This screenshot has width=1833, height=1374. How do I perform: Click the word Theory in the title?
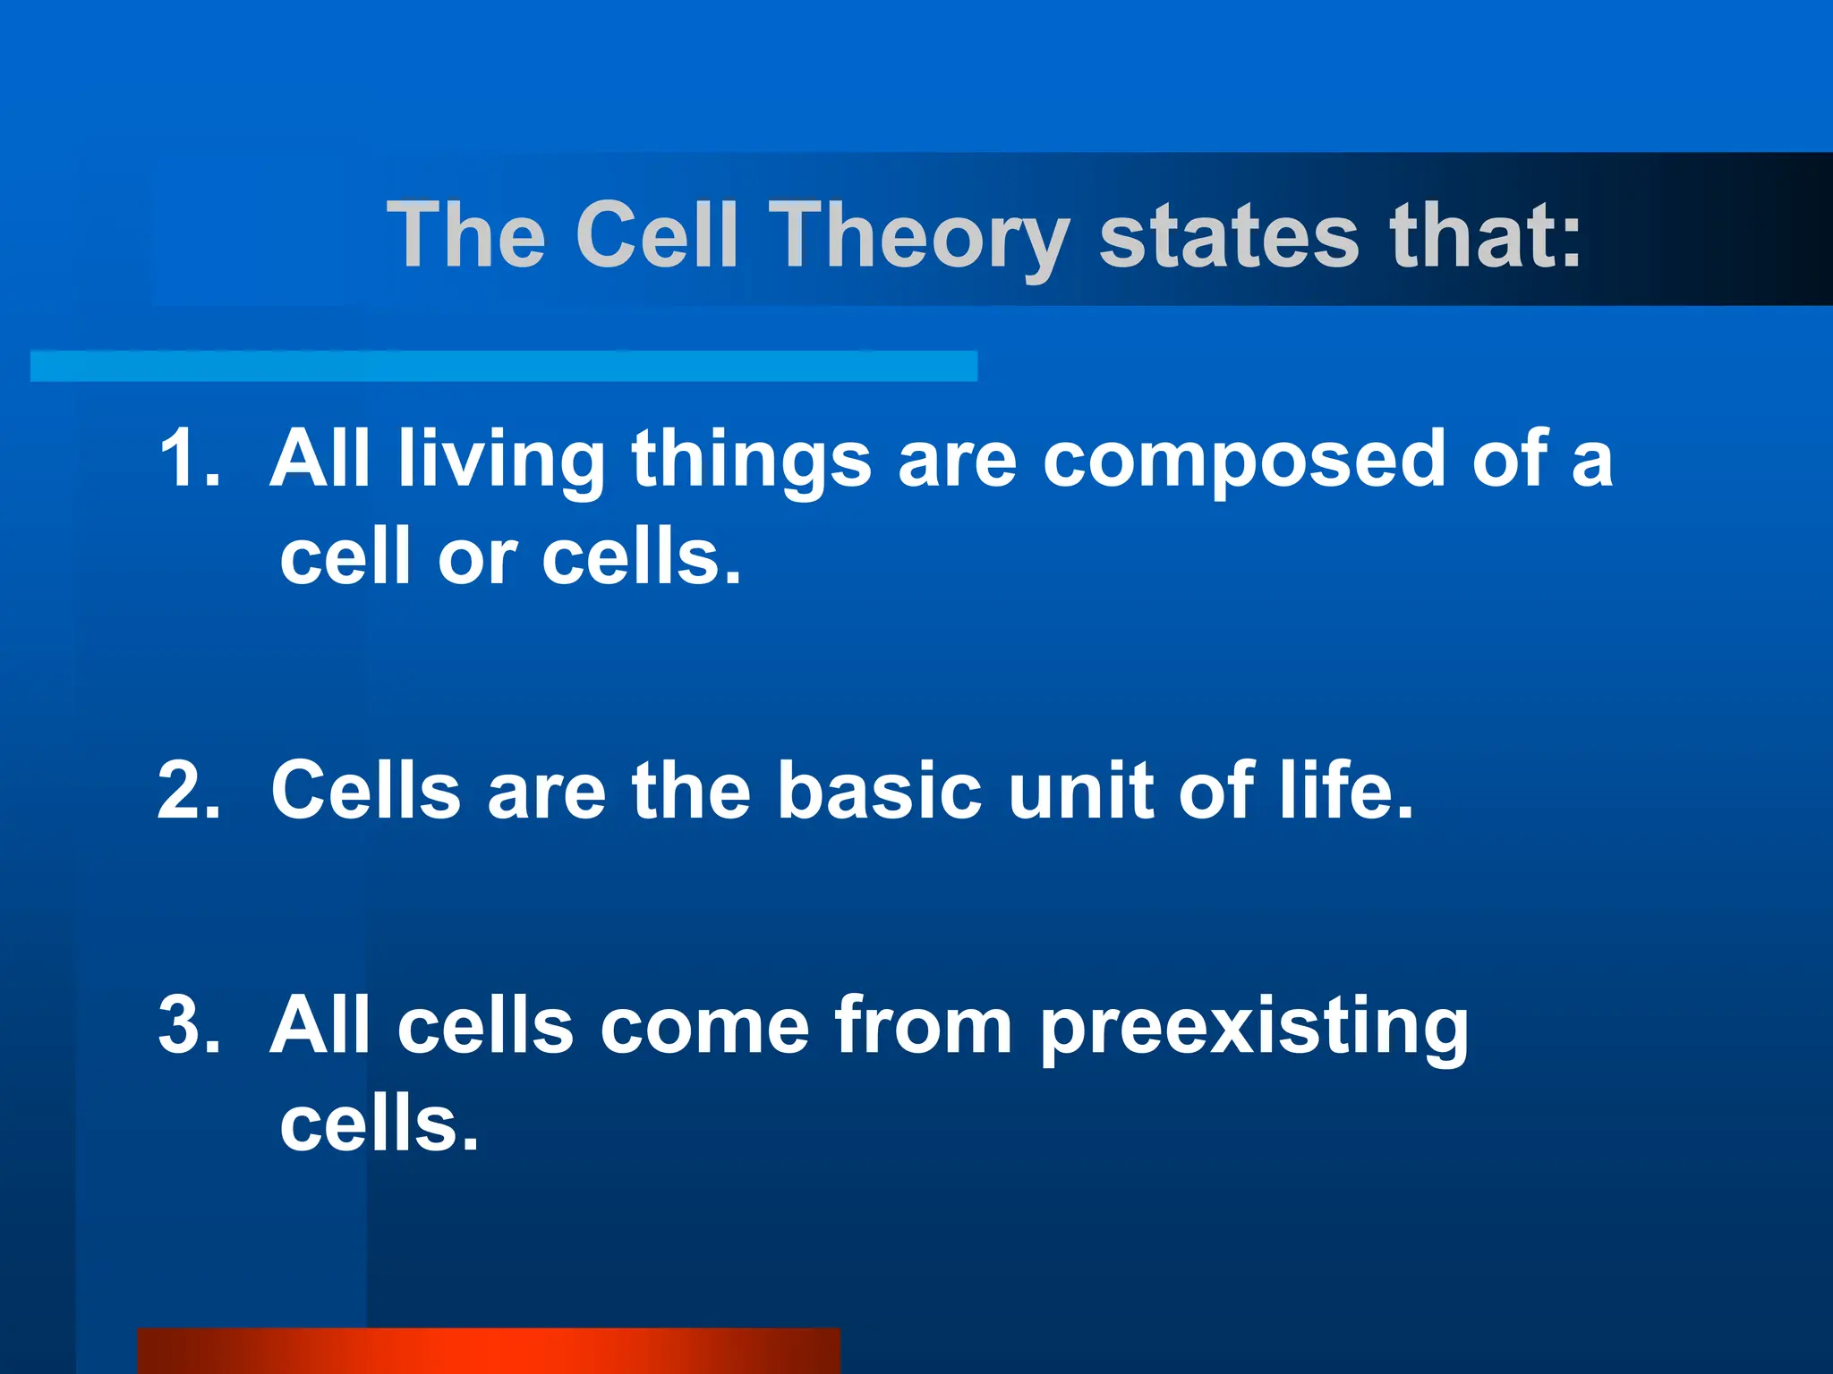tap(919, 235)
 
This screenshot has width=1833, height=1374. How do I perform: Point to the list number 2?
tap(188, 790)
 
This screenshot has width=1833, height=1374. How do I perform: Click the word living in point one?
tap(501, 460)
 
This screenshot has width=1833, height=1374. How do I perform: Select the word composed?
tap(1243, 460)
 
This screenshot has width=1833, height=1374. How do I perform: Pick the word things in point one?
tap(751, 460)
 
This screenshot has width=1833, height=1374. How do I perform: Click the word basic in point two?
tap(879, 790)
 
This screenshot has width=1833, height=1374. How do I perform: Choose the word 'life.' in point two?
tap(1345, 790)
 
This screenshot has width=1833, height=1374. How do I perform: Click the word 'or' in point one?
tap(477, 559)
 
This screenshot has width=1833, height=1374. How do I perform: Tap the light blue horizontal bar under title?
tap(503, 366)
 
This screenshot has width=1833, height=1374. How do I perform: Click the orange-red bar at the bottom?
tap(488, 1351)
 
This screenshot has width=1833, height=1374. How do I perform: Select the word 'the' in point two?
tap(690, 790)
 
